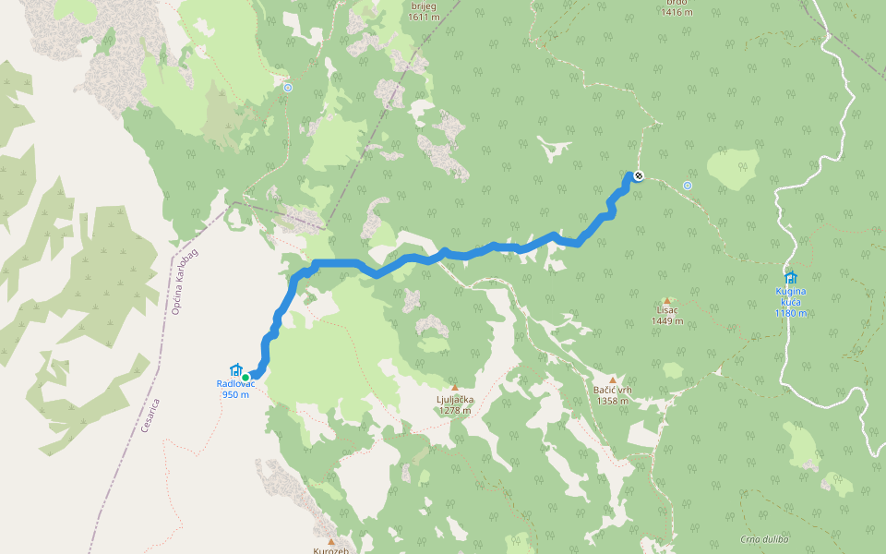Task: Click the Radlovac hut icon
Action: click(234, 369)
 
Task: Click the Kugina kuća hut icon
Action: click(790, 277)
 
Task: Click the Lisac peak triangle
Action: click(666, 301)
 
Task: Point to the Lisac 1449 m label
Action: click(666, 317)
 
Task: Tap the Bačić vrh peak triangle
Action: click(612, 379)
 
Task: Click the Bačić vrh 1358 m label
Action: click(612, 395)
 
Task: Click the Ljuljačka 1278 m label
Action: click(455, 404)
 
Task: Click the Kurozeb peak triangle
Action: click(330, 541)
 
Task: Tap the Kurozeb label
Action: click(330, 550)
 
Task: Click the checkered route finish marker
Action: click(638, 175)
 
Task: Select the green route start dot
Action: click(245, 377)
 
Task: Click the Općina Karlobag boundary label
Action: click(186, 282)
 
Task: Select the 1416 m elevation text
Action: click(676, 12)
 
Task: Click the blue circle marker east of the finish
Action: click(688, 186)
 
